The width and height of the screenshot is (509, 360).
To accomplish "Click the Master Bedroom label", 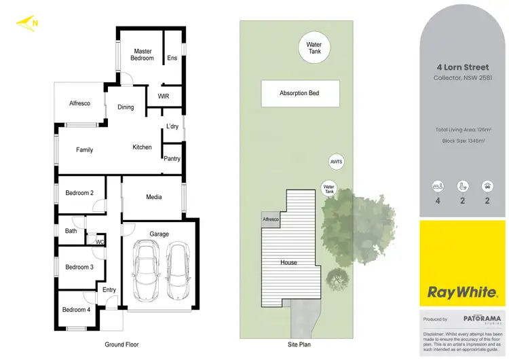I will point(143,54).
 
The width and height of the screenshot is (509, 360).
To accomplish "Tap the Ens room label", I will point(172,58).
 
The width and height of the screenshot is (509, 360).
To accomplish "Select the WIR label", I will point(163,96).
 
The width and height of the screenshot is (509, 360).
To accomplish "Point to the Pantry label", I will point(172,159).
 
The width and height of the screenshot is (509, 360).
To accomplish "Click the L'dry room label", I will point(172,127).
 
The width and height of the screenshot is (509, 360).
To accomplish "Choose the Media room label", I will point(154,198).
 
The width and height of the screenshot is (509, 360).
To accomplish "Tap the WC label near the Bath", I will point(100,241).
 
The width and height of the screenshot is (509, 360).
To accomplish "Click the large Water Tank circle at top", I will point(314,48).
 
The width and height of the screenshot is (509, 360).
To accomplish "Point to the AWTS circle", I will point(337,162).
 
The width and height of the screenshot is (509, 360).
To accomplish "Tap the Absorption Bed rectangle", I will point(299,93).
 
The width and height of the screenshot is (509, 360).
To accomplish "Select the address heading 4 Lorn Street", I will point(464,68).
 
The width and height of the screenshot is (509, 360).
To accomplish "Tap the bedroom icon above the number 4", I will point(438,185).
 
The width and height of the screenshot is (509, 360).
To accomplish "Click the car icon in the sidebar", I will point(487,185).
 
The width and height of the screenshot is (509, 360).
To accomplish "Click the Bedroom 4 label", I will point(76,310).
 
